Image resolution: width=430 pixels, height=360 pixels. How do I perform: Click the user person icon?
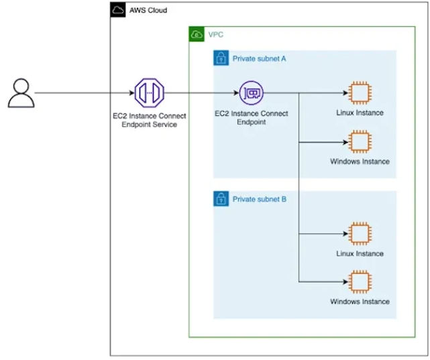(x=20, y=93)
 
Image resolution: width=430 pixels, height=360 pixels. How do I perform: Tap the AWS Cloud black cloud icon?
(x=118, y=10)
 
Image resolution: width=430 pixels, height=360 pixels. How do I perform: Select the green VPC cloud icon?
(x=197, y=34)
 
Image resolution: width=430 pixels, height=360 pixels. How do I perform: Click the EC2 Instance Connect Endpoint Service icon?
(x=149, y=93)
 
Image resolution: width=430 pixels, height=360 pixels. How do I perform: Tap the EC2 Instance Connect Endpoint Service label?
(x=149, y=121)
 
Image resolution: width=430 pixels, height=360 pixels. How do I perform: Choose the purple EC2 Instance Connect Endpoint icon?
(x=252, y=93)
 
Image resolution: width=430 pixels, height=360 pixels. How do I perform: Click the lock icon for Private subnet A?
(x=221, y=58)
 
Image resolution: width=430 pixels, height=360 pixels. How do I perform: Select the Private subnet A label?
(x=259, y=59)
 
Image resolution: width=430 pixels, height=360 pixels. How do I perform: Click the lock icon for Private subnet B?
(x=221, y=199)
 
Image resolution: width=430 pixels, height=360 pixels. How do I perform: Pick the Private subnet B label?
(x=259, y=200)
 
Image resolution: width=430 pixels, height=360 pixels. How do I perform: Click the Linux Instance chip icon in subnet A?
(x=360, y=93)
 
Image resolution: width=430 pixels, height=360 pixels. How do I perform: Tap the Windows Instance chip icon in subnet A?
(x=360, y=142)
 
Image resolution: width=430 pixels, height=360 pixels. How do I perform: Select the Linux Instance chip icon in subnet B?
(x=360, y=234)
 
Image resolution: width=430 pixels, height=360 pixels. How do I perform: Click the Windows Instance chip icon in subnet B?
(x=360, y=282)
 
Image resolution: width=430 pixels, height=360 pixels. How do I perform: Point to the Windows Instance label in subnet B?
(x=360, y=302)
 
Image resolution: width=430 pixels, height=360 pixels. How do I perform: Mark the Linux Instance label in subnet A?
(x=360, y=113)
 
